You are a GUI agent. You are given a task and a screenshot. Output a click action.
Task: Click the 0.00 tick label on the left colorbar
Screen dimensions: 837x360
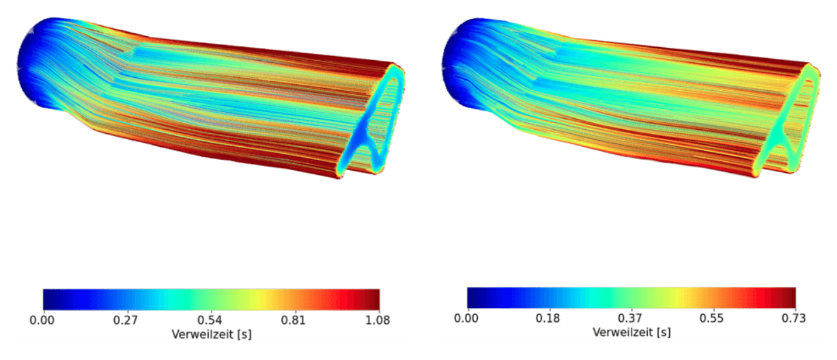[42, 320]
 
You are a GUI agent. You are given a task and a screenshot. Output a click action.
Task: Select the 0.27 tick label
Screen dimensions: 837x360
[126, 320]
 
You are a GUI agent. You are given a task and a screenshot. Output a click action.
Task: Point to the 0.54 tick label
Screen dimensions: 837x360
[210, 320]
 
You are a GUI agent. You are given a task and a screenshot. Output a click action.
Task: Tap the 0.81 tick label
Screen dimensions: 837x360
[294, 320]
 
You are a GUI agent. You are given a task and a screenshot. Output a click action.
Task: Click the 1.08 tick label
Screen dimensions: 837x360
[378, 320]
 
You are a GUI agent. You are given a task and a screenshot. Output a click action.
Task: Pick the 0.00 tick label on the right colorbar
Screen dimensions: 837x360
[466, 318]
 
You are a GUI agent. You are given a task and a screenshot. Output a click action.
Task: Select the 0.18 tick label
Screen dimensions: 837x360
[548, 318]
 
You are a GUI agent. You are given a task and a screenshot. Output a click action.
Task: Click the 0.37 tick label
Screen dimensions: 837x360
[630, 318]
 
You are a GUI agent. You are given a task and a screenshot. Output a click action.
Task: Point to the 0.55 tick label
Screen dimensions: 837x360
[711, 318]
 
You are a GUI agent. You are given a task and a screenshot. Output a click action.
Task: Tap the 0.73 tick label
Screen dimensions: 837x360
[794, 318]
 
